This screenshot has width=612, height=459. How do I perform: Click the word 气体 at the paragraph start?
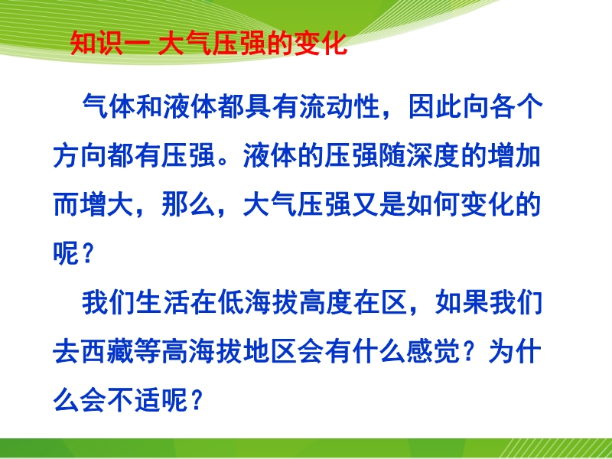(x=109, y=106)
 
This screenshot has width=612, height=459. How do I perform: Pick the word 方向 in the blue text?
(x=80, y=156)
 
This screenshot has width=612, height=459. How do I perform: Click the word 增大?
(x=93, y=205)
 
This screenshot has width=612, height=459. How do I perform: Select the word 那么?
(x=188, y=205)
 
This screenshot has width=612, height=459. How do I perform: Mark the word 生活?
(x=163, y=303)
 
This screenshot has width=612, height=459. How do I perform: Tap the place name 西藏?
(x=107, y=352)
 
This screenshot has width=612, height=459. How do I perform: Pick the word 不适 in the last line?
(x=134, y=400)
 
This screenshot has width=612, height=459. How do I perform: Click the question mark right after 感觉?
(x=470, y=352)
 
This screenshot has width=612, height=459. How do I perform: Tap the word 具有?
(x=272, y=106)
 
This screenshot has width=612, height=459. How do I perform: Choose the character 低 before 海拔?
(x=231, y=303)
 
